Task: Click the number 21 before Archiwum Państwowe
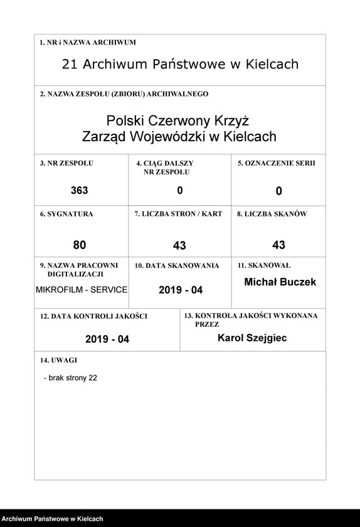70,64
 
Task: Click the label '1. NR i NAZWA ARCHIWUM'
88,43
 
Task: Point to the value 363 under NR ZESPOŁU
80,191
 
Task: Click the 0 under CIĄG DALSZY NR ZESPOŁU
180,191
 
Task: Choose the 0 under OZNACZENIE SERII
279,191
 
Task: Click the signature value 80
79,245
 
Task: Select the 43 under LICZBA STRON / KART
179,245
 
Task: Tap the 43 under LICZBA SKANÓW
279,245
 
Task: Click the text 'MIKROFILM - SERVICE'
82,290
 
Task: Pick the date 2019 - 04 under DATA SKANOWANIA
181,290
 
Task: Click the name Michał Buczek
280,282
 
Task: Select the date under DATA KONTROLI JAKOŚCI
107,339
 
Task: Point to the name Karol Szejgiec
252,338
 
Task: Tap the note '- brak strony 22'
70,378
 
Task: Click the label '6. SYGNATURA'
66,214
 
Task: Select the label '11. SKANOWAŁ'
263,265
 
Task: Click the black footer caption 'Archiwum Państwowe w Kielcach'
53,519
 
